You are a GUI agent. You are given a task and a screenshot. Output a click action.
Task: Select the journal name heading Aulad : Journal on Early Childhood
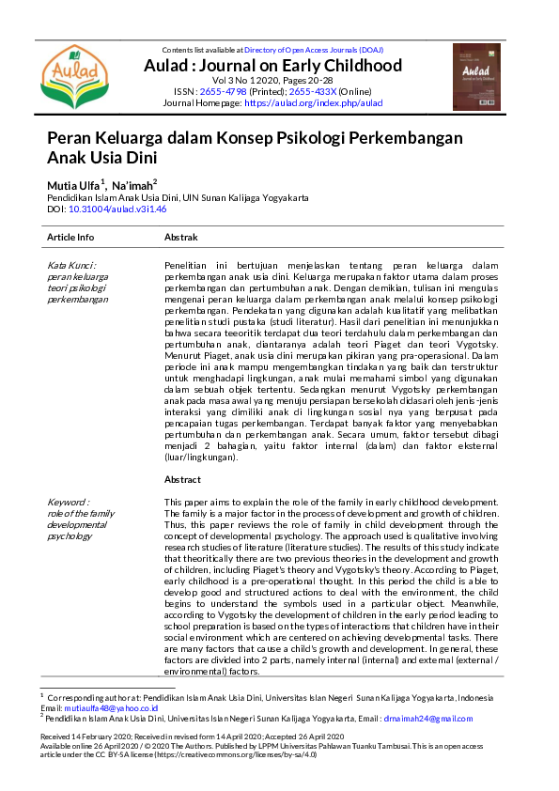(272, 65)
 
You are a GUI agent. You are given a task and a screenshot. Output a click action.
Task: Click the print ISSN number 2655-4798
(218, 91)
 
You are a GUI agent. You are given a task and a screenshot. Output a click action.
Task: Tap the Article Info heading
(70, 238)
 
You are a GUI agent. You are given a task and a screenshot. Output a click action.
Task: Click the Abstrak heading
(180, 238)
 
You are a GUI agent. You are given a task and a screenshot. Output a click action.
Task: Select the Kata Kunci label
(71, 266)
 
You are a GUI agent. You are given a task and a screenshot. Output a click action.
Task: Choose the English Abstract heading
(182, 479)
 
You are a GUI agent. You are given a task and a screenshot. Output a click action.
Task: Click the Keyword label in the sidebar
(69, 503)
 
